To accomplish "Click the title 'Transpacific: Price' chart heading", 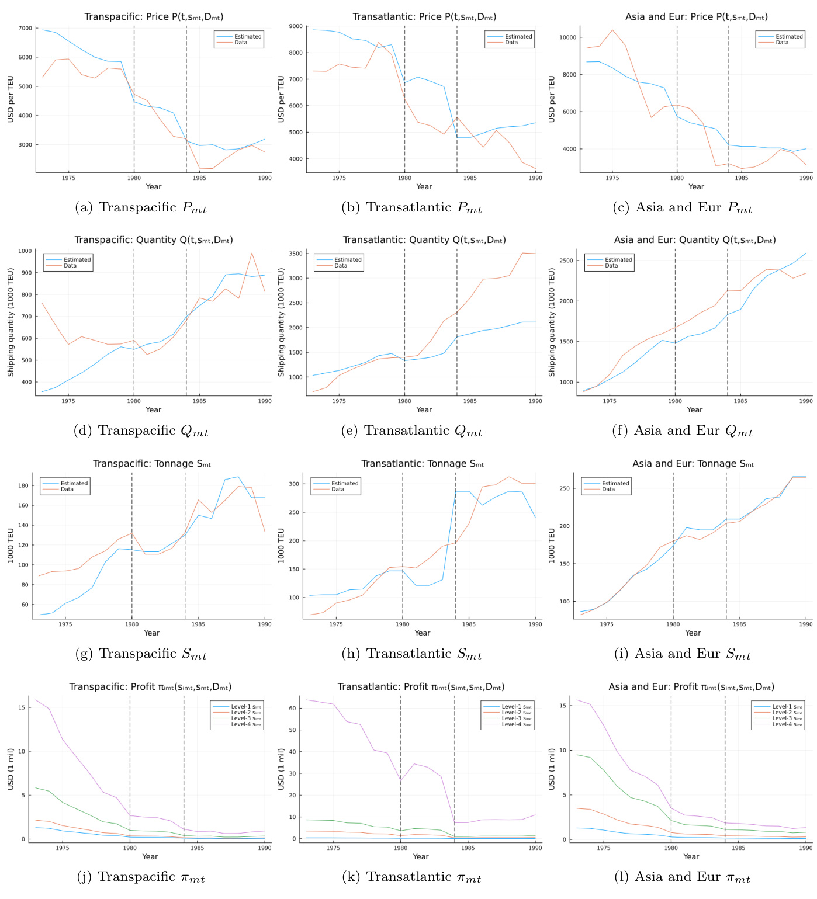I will click(x=154, y=17).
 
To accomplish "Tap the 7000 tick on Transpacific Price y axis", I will click(x=25, y=28).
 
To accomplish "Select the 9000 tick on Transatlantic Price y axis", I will click(x=295, y=26).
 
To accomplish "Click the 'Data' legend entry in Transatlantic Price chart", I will click(x=511, y=43).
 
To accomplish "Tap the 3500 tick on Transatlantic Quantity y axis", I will click(x=295, y=254).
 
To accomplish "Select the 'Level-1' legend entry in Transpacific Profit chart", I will click(x=246, y=707).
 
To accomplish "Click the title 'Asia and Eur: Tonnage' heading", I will click(x=693, y=464).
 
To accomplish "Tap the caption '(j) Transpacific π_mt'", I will click(x=141, y=877).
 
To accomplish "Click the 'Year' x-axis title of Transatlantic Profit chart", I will click(x=421, y=856).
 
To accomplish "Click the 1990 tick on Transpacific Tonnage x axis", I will click(x=265, y=624).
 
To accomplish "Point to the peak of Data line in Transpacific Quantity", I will click(x=252, y=253).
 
